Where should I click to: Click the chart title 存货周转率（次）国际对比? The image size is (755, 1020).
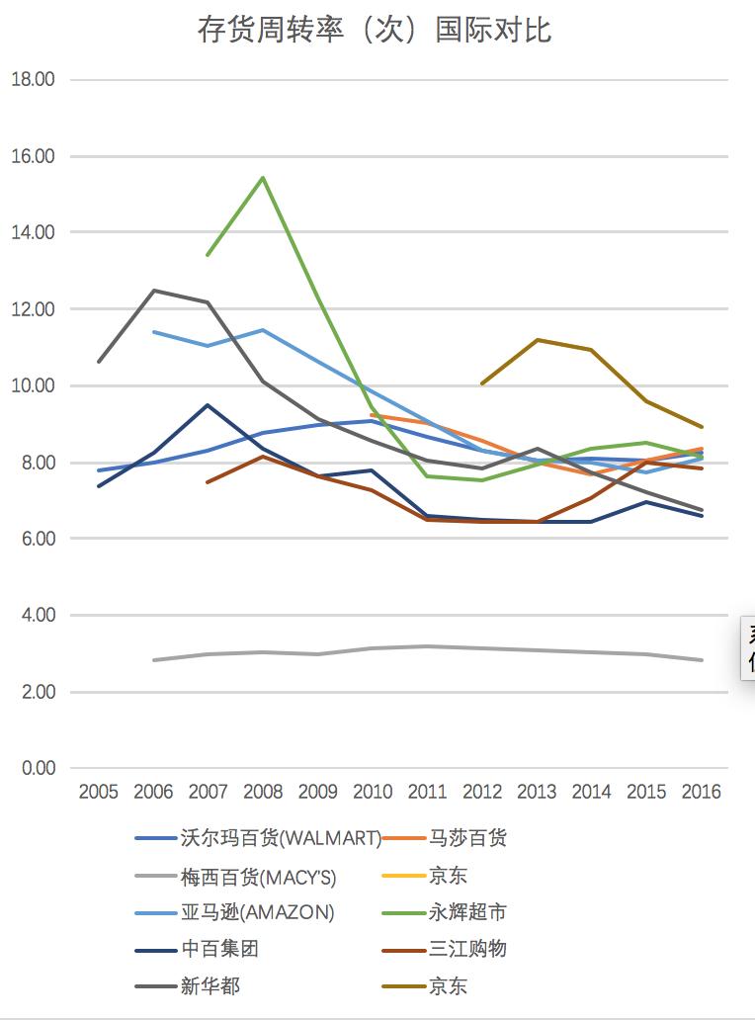(x=375, y=31)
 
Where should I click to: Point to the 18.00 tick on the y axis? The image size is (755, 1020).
(x=33, y=80)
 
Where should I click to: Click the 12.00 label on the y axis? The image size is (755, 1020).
(x=33, y=309)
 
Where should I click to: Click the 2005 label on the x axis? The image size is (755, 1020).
(x=98, y=793)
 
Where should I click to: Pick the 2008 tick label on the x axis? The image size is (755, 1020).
(x=262, y=793)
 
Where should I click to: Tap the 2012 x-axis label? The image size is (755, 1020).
(x=482, y=793)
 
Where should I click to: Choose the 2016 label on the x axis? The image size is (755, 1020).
(x=701, y=793)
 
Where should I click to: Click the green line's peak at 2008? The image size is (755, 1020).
(x=262, y=178)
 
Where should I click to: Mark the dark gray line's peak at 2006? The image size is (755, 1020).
(x=153, y=291)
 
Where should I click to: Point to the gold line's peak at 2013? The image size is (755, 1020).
(x=537, y=340)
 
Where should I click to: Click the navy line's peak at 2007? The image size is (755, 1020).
(x=208, y=404)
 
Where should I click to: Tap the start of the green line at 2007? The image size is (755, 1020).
(x=208, y=255)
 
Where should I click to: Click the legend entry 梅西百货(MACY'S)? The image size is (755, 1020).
(x=258, y=876)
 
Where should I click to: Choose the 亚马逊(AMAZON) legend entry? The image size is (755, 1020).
(x=257, y=913)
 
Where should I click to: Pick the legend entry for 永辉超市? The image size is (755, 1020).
(x=467, y=913)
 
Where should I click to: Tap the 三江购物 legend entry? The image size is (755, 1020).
(x=467, y=950)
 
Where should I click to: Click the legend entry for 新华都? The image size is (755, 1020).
(x=210, y=986)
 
